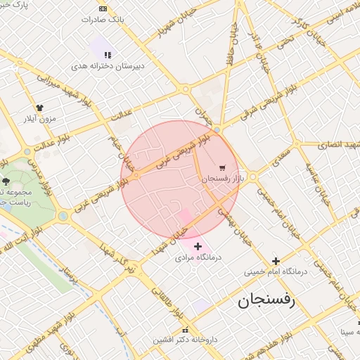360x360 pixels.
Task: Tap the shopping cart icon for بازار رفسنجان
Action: point(222,168)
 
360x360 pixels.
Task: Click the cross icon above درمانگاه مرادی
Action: point(198,246)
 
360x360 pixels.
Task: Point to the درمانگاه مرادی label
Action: point(198,257)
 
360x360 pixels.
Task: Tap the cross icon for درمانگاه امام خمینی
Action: point(276,261)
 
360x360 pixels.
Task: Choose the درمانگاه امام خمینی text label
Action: point(275,271)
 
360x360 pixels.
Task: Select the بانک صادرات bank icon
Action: point(103,8)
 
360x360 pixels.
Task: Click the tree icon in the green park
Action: point(6,181)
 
